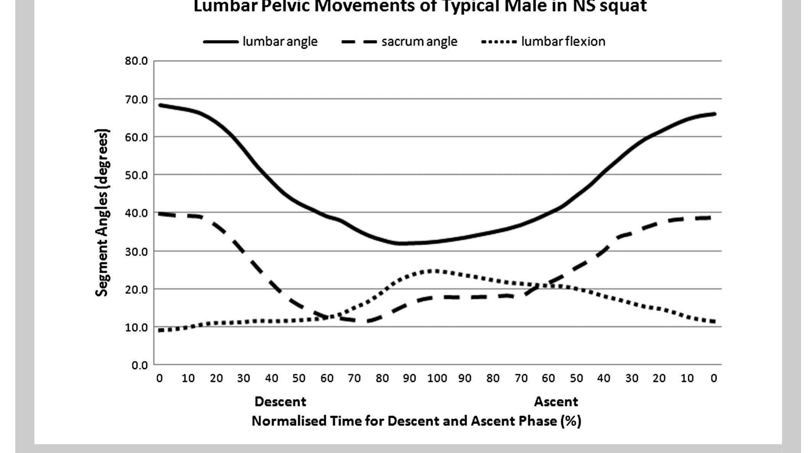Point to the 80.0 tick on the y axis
click(136, 61)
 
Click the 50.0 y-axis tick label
click(136, 175)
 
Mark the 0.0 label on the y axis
click(140, 366)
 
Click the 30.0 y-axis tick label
click(136, 252)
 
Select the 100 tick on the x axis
click(437, 378)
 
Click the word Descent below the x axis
click(280, 401)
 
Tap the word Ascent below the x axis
click(556, 401)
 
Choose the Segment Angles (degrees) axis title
click(102, 212)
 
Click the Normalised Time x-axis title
click(416, 421)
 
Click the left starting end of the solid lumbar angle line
click(160, 105)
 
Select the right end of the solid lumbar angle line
click(714, 114)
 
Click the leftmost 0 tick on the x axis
click(159, 378)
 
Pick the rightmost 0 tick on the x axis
click(713, 378)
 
